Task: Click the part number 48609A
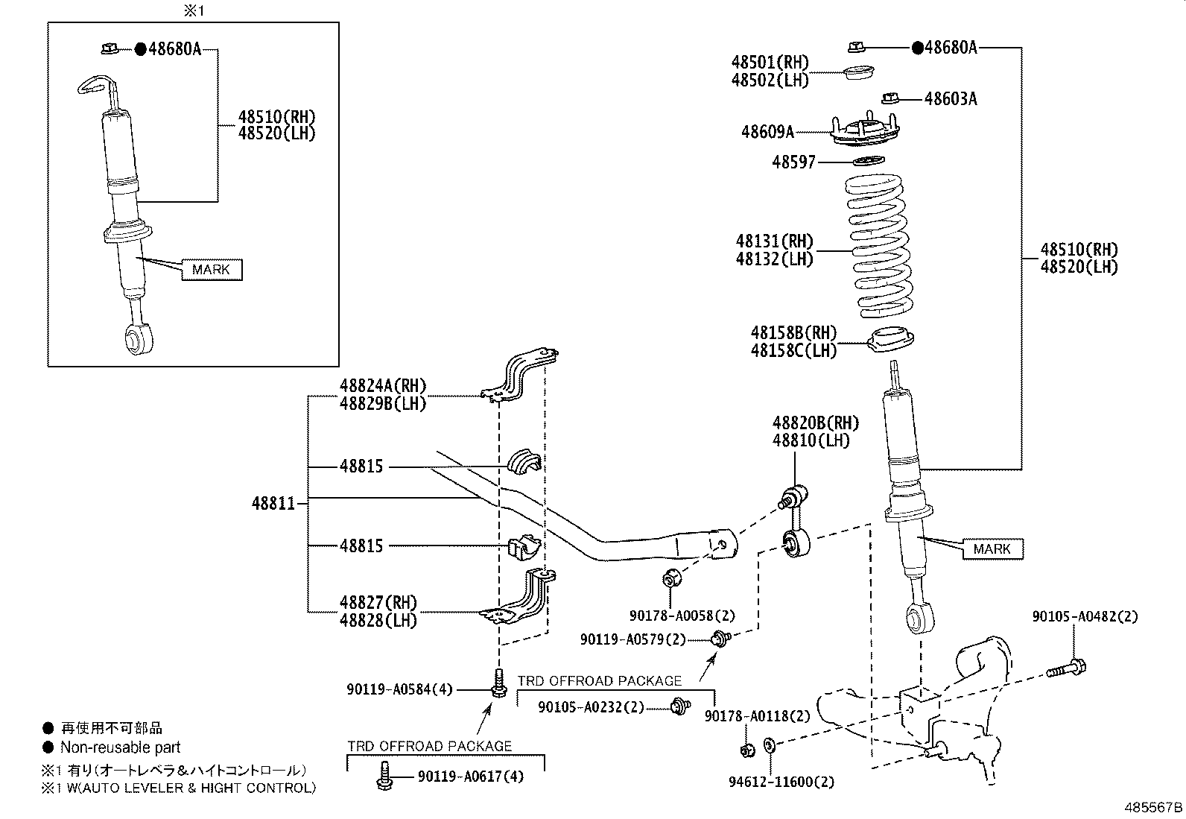[x=767, y=132]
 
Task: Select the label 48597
[x=793, y=162]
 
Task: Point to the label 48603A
[x=950, y=98]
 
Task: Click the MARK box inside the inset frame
[x=211, y=269]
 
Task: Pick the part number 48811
[x=273, y=504]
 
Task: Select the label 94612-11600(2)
[x=781, y=782]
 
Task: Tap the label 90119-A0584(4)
[x=399, y=690]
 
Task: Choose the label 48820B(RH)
[x=815, y=423]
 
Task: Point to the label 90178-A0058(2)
[x=682, y=616]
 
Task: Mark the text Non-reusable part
[x=120, y=747]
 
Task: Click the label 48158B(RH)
[x=793, y=332]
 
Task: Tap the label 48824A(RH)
[x=383, y=385]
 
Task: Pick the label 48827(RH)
[x=378, y=602]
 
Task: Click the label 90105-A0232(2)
[x=591, y=706]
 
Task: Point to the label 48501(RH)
[x=770, y=63]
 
